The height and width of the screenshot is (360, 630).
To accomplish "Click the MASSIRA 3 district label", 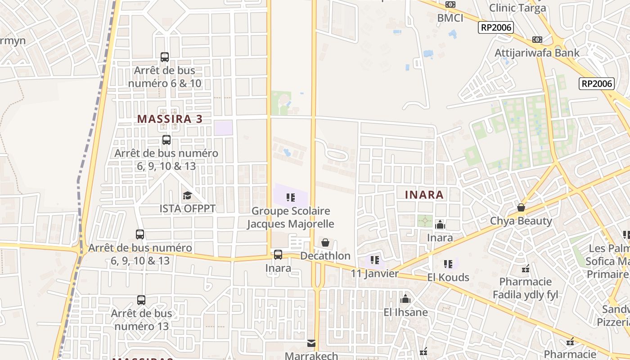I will (x=170, y=119).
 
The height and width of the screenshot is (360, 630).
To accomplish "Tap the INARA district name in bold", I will (x=424, y=195).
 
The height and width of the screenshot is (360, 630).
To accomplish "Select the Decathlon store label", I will (x=325, y=256).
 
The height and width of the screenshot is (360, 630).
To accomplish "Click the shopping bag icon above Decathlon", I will (x=325, y=243).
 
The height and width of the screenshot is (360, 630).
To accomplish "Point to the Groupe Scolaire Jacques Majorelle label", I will (x=291, y=217).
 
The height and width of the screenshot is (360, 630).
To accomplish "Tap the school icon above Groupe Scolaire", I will (x=291, y=197).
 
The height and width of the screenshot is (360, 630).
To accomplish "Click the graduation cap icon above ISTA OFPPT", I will (x=187, y=195).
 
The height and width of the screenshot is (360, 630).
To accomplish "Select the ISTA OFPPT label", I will (x=188, y=209).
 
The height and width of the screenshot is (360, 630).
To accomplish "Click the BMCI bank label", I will (x=450, y=18).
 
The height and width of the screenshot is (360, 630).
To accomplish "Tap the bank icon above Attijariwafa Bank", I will (x=537, y=40).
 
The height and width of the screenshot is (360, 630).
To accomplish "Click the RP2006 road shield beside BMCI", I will (x=496, y=27).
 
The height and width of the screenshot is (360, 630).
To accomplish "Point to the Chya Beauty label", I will (x=521, y=221).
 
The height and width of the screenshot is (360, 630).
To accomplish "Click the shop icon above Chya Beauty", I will (x=521, y=207).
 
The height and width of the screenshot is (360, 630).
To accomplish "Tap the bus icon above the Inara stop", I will (x=278, y=255).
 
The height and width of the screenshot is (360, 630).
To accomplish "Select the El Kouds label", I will (x=448, y=277).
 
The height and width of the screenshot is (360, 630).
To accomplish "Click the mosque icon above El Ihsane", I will (x=405, y=299).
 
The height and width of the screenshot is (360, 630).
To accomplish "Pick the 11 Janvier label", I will (x=375, y=274).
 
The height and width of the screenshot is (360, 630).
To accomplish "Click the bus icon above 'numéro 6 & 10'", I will (x=165, y=57).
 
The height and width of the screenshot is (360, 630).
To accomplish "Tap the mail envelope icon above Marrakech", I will (x=311, y=343).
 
